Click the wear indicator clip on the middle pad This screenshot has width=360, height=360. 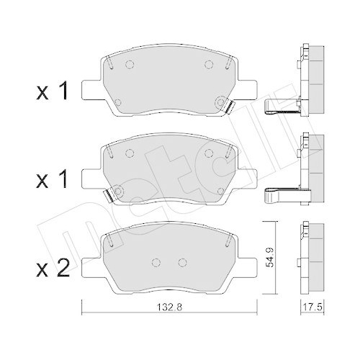108,195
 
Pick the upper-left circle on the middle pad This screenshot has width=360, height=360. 130,153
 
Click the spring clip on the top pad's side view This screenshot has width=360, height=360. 282,108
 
